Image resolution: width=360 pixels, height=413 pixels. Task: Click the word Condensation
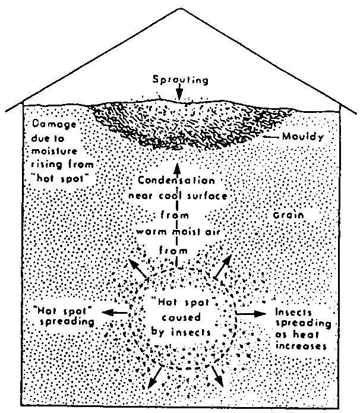tap(176, 179)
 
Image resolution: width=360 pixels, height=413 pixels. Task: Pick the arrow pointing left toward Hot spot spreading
tap(113, 311)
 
